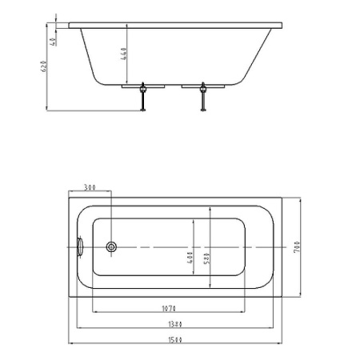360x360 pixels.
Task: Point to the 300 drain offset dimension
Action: pos(90,188)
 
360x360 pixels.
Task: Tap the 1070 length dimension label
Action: pos(167,309)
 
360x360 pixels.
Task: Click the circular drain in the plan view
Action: pos(110,247)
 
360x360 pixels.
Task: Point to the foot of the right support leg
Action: pos(204,110)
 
